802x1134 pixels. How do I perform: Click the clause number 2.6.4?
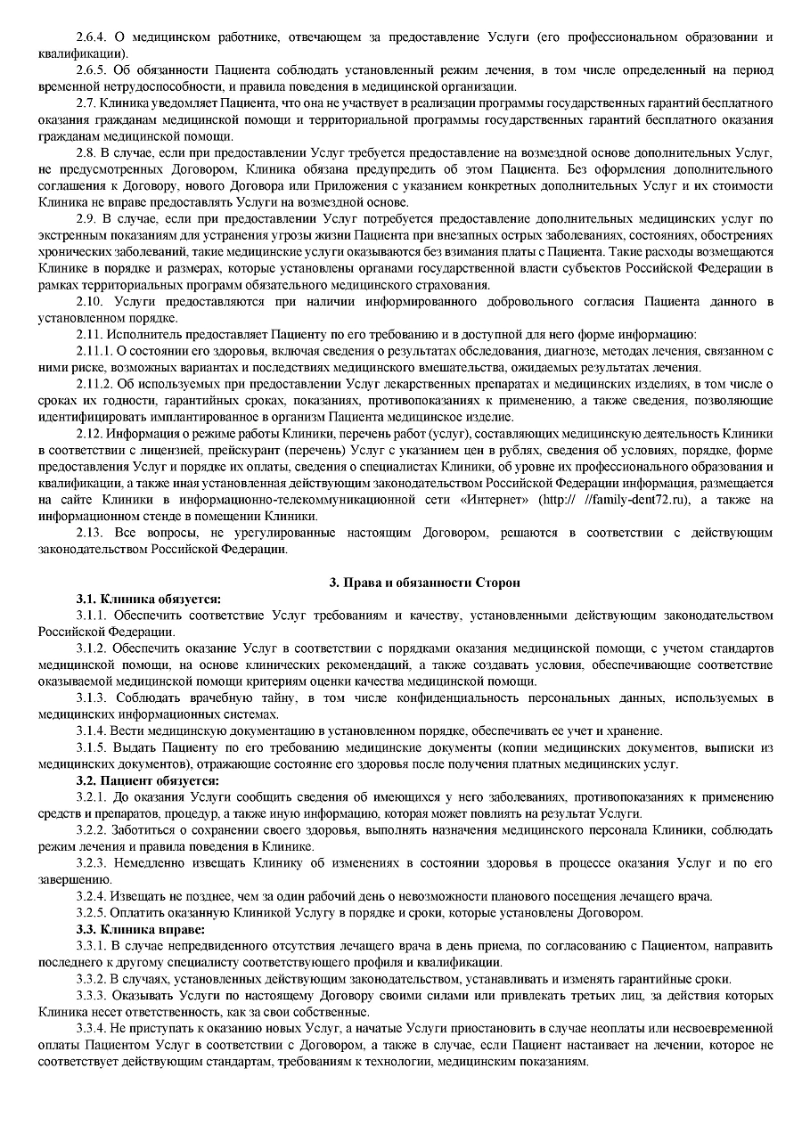point(91,37)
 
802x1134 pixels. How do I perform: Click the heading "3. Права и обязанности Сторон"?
point(424,583)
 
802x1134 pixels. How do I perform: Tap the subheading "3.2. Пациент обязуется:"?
point(147,781)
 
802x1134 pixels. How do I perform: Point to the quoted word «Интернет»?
point(495,500)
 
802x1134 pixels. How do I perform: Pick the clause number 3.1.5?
point(91,747)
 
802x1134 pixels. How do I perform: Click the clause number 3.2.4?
point(91,895)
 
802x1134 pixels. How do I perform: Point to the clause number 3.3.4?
point(91,1029)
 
